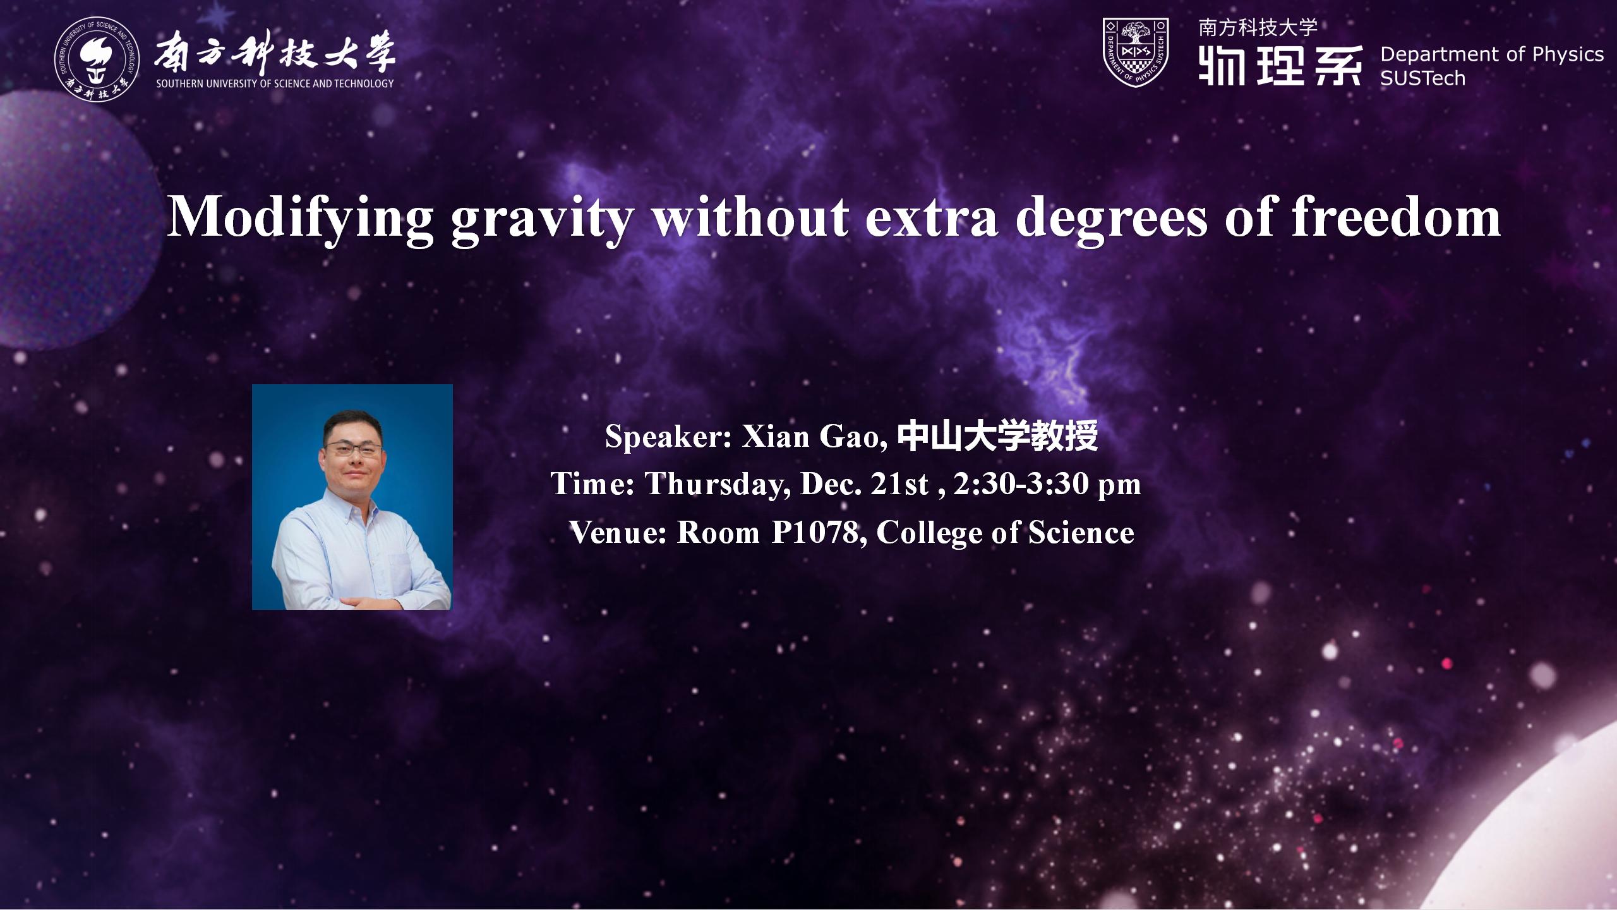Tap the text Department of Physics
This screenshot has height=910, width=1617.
coord(1492,54)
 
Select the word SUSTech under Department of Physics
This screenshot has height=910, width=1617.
coord(1422,78)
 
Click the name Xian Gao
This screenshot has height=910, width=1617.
coord(810,436)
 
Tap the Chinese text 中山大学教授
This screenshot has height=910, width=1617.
coord(997,436)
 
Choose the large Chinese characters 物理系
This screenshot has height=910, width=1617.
coord(1280,65)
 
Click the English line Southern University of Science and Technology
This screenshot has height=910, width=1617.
coord(275,83)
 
